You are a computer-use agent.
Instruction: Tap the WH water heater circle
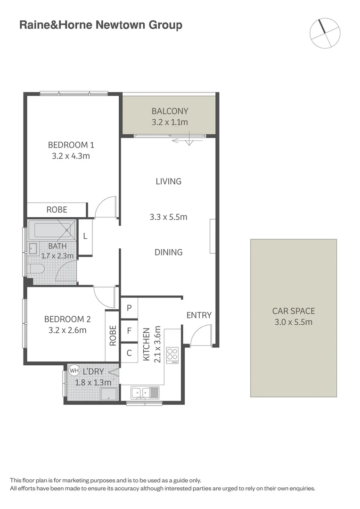click(x=74, y=370)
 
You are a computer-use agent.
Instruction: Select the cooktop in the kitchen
click(x=173, y=355)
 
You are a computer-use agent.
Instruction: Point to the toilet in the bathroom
click(x=36, y=269)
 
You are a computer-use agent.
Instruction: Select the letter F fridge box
click(x=129, y=330)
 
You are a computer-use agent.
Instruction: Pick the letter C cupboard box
click(x=129, y=353)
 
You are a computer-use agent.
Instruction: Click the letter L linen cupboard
click(x=85, y=237)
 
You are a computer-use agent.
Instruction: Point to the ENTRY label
click(x=199, y=315)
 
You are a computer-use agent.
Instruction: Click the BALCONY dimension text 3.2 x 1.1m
click(x=170, y=123)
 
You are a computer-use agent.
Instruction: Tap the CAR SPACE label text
click(x=294, y=311)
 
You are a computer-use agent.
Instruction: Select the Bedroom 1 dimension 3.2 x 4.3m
click(x=71, y=156)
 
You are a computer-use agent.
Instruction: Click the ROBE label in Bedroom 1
click(x=57, y=210)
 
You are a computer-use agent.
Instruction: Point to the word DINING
click(x=168, y=252)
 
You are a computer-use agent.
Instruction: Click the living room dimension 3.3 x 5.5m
click(x=168, y=217)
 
